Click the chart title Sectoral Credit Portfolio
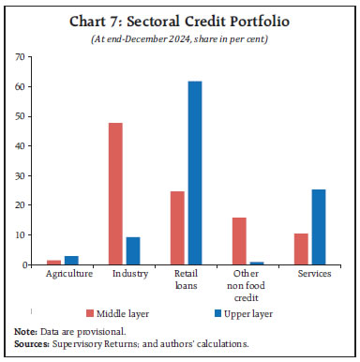point(179,20)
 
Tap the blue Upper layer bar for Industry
point(134,251)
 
